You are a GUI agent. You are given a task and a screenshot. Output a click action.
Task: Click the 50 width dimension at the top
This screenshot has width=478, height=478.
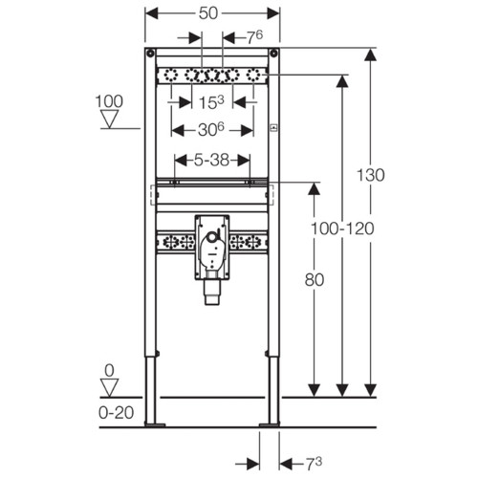pos(208,13)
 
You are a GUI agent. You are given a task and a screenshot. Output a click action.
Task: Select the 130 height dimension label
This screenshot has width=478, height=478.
pos(370,175)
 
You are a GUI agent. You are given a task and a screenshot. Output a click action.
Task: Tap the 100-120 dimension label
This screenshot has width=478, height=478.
pos(342,228)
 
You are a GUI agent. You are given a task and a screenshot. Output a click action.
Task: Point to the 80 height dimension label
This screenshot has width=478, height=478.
pos(315,280)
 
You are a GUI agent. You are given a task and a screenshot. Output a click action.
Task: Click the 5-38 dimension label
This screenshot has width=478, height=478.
pos(212,160)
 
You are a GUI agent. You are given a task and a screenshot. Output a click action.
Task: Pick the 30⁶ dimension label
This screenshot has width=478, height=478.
pos(211,130)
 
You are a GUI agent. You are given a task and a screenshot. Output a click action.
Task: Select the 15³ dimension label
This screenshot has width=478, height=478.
pos(211,102)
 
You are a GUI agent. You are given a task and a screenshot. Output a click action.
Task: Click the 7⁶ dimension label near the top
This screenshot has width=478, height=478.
pos(255,37)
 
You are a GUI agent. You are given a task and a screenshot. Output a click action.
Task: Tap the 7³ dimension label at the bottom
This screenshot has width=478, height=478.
pos(315,464)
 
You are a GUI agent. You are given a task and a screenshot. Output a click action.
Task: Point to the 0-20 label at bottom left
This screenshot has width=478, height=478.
pos(116,413)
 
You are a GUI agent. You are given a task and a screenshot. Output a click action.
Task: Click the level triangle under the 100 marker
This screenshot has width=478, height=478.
pos(110,119)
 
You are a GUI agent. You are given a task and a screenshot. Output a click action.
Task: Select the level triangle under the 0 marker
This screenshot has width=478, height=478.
pos(110,388)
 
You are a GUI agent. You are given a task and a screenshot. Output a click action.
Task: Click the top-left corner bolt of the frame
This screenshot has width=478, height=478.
pos(150,53)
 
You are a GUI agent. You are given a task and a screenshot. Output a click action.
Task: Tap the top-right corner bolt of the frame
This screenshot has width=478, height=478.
pos(273,53)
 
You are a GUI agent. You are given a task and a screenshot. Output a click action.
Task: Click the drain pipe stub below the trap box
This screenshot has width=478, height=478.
pos(212,293)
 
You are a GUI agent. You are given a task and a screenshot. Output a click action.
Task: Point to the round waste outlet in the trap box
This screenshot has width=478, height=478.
pos(211,237)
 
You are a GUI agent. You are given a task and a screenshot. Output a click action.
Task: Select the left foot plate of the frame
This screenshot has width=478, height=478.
pos(155,424)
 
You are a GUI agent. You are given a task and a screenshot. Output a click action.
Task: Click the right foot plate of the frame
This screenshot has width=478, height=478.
pos(270,424)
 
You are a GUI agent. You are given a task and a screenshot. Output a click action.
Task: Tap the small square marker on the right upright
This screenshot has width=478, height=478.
pos(273,128)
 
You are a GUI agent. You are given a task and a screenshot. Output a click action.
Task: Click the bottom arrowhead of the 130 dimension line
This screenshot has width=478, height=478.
pos(370,390)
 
